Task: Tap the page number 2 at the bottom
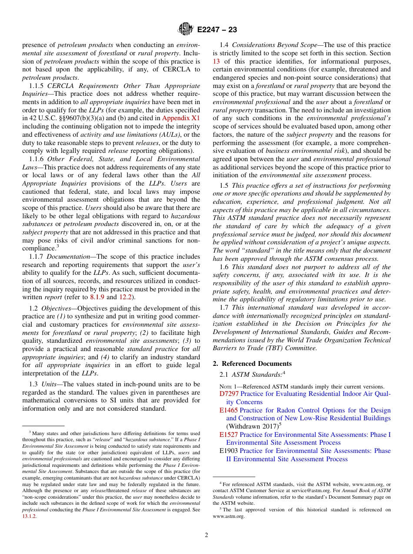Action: (x=206, y=535)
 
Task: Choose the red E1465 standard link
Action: (x=229, y=410)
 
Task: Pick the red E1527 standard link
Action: (x=229, y=435)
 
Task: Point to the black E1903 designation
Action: (x=229, y=451)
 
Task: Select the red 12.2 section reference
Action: (x=126, y=297)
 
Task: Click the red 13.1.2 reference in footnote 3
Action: (x=30, y=516)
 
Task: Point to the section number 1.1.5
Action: (x=37, y=86)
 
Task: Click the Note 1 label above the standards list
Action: (x=228, y=387)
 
